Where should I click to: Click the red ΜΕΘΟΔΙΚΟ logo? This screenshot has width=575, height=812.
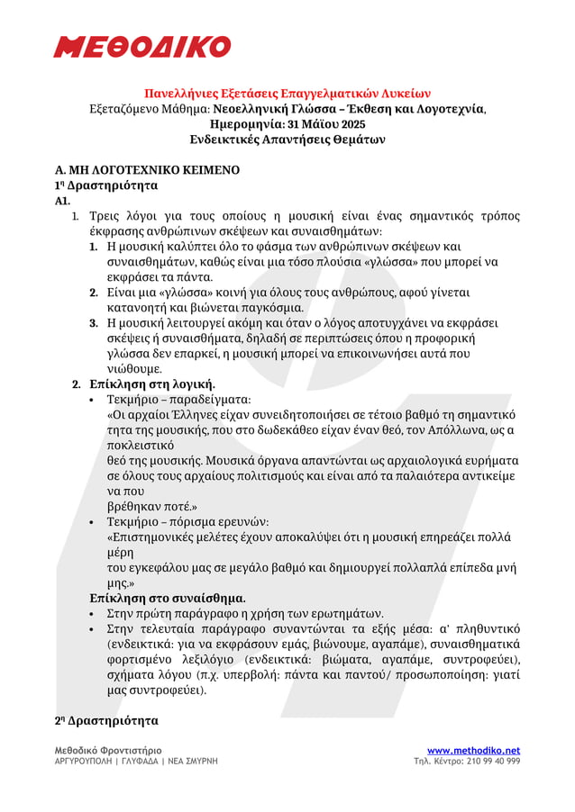(x=141, y=46)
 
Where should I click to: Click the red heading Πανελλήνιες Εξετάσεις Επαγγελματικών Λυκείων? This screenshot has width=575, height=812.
(x=287, y=93)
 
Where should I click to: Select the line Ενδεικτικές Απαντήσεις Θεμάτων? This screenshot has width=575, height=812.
(x=287, y=140)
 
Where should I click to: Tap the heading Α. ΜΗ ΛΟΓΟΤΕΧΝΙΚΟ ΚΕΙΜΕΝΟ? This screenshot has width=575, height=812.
(x=147, y=169)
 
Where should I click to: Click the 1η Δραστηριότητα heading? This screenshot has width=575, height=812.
(x=106, y=185)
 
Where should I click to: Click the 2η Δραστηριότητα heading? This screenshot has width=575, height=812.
(x=106, y=721)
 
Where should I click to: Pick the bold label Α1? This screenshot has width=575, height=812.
(x=63, y=201)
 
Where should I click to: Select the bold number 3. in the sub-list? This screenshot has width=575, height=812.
(x=94, y=322)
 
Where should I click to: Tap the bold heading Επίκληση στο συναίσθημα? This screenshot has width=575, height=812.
(x=168, y=598)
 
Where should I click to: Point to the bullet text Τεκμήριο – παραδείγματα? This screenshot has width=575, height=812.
(x=179, y=400)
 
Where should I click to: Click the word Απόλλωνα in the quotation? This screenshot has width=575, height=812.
(x=464, y=429)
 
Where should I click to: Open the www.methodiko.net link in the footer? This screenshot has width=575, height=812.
(x=473, y=750)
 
